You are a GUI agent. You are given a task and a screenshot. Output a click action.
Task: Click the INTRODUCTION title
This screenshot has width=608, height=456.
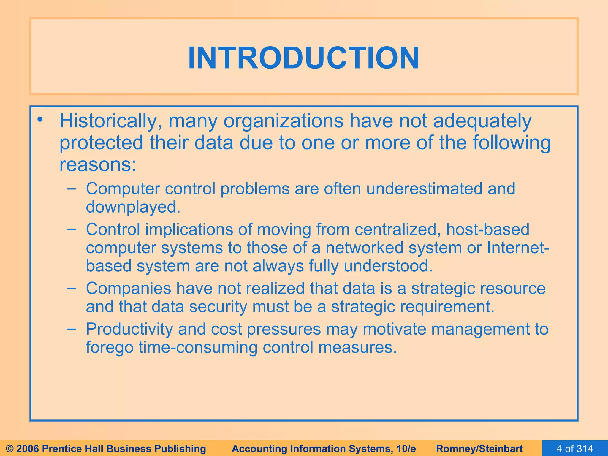click(304, 58)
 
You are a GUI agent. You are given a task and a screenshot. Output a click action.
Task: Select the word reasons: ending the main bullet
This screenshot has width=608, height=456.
click(98, 165)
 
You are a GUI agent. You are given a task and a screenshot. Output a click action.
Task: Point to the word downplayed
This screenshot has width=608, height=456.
click(133, 207)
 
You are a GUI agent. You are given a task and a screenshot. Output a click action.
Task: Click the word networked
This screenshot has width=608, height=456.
click(364, 248)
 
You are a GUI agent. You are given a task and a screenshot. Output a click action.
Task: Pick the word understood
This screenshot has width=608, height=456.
click(388, 266)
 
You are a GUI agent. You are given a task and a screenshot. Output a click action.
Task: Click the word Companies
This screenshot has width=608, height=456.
click(128, 289)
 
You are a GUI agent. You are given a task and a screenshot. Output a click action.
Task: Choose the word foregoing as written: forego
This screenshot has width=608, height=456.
click(110, 348)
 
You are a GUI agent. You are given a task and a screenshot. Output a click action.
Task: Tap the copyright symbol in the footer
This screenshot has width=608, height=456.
click(10, 449)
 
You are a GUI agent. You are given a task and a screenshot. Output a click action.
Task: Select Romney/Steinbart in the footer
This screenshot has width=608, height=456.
click(479, 449)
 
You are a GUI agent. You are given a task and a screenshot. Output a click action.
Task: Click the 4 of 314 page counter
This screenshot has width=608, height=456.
click(575, 449)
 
